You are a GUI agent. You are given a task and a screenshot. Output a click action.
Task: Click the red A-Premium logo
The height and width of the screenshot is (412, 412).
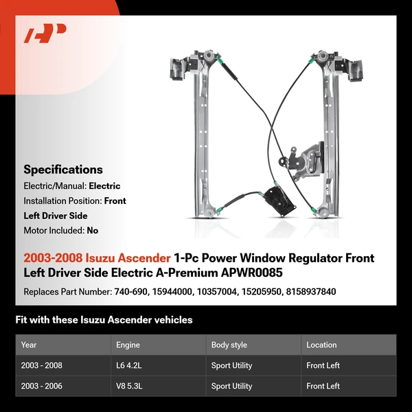click(x=45, y=34)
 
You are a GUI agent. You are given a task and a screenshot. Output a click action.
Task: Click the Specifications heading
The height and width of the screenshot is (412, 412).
click(x=63, y=170)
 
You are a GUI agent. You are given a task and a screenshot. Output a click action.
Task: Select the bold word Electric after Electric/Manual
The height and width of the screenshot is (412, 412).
click(x=104, y=186)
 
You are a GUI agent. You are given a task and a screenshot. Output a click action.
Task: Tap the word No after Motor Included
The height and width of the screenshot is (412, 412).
click(x=93, y=231)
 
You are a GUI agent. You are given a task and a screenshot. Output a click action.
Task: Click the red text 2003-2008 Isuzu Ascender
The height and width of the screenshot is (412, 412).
click(x=97, y=258)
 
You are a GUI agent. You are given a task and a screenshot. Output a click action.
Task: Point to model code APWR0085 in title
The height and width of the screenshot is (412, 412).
click(x=253, y=273)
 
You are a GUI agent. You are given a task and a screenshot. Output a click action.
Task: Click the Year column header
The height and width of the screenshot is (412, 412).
click(x=29, y=345)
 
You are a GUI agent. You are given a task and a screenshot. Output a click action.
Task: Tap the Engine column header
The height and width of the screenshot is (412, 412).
click(x=128, y=345)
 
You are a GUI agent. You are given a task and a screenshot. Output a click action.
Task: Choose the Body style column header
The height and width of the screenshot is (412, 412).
click(x=229, y=345)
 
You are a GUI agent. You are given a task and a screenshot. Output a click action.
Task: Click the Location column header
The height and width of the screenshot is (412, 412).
click(x=321, y=345)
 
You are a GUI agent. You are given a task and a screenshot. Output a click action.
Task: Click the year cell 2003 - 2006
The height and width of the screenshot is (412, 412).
click(x=42, y=386)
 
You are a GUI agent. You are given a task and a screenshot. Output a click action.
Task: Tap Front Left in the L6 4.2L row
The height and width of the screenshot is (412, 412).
click(x=323, y=365)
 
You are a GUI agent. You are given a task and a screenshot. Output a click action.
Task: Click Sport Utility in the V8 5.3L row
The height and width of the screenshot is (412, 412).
click(x=231, y=386)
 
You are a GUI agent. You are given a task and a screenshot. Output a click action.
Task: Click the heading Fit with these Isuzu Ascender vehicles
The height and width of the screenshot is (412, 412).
click(x=104, y=320)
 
